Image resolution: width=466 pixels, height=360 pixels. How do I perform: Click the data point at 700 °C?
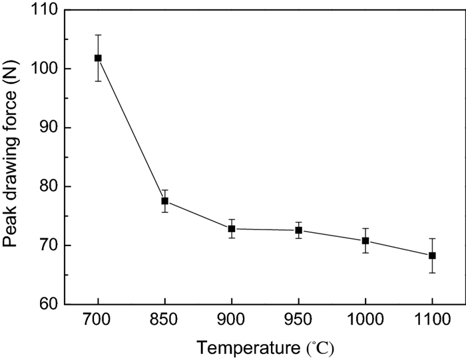(x=98, y=58)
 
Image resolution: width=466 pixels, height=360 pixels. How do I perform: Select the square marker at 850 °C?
(x=164, y=201)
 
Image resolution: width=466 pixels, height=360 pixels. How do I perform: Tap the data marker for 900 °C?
(x=232, y=229)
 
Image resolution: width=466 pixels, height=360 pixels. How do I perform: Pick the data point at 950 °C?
(x=298, y=230)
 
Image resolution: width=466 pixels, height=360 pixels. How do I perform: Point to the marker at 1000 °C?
(x=365, y=241)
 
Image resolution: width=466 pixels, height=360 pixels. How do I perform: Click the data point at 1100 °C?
(x=432, y=256)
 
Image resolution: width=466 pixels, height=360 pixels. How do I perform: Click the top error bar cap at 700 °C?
(x=98, y=35)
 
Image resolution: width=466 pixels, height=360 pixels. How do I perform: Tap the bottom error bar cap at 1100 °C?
(x=432, y=273)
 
